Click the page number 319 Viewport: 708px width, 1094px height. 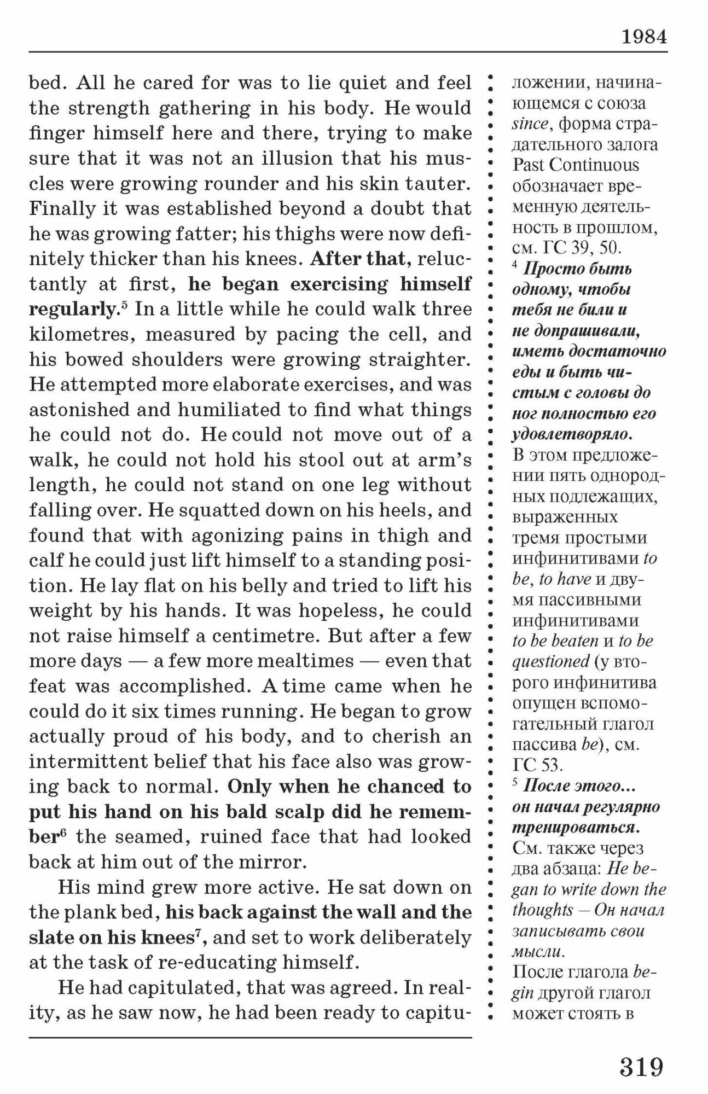click(x=641, y=1066)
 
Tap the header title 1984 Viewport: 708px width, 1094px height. click(x=644, y=37)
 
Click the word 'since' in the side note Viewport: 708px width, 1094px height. click(x=530, y=124)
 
